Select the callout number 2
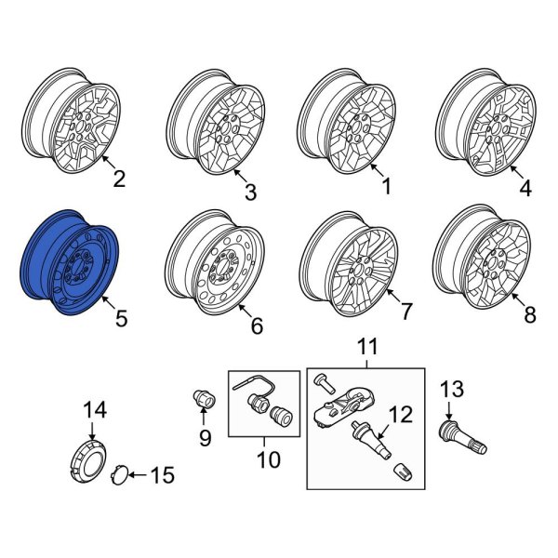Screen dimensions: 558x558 118,179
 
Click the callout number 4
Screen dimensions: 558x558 525,189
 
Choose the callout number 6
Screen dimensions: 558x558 257,325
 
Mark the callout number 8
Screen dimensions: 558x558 530,315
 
